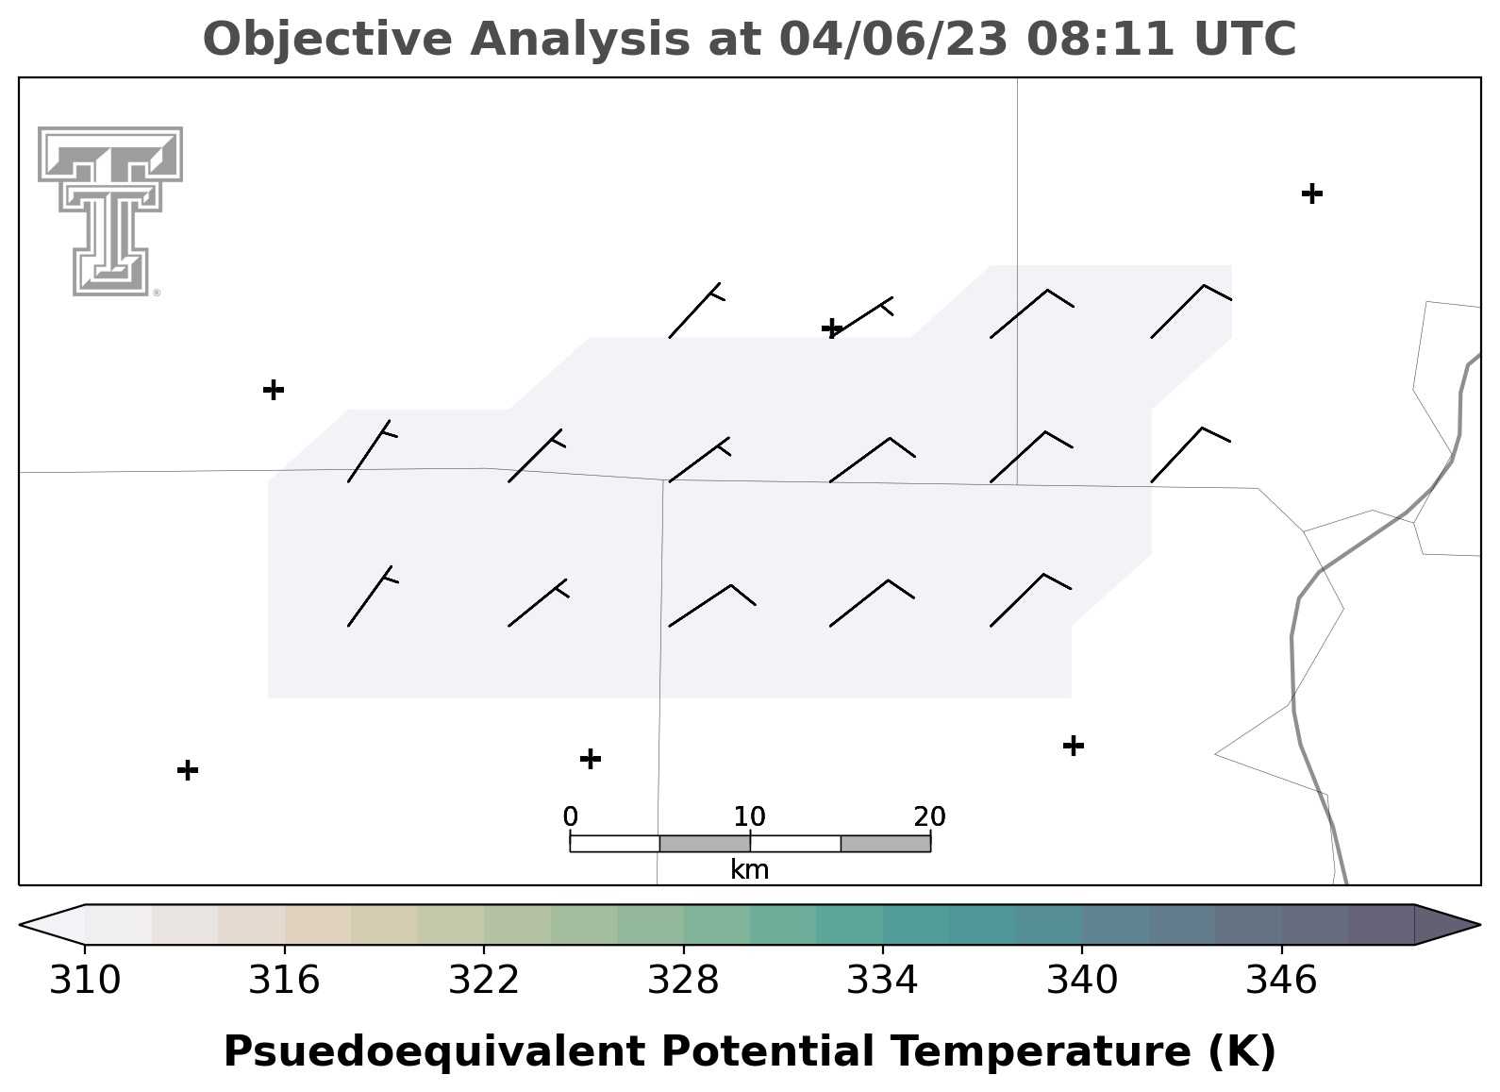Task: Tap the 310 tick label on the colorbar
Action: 85,981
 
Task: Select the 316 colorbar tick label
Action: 285,981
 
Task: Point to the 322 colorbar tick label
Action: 484,981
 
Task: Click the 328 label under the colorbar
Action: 684,981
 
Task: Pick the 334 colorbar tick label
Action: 883,981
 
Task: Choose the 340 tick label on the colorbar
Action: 1082,981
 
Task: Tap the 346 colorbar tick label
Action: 1282,981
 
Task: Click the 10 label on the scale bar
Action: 750,816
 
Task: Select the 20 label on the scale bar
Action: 930,816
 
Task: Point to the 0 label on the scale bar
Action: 571,816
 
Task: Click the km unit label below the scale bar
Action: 750,869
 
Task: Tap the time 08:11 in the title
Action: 1100,39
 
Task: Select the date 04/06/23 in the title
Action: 894,39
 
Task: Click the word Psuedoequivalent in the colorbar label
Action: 435,1052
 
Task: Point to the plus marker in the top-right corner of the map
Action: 1312,193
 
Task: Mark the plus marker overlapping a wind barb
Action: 832,328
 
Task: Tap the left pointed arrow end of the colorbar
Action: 52,925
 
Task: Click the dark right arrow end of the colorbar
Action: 1447,925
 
